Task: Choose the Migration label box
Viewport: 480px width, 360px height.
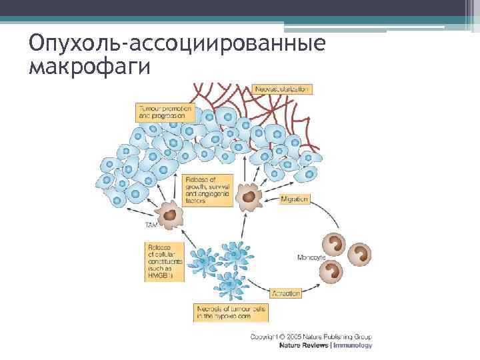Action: (294, 199)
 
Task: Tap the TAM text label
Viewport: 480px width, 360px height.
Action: (153, 227)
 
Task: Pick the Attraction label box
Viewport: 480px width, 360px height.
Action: (286, 293)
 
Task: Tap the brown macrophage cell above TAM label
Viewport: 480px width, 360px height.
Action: (172, 215)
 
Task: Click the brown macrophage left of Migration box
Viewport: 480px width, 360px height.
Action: (249, 197)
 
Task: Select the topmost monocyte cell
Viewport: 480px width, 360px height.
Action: (333, 243)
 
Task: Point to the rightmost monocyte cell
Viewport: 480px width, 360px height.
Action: (360, 254)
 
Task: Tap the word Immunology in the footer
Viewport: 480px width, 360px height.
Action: (353, 345)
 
